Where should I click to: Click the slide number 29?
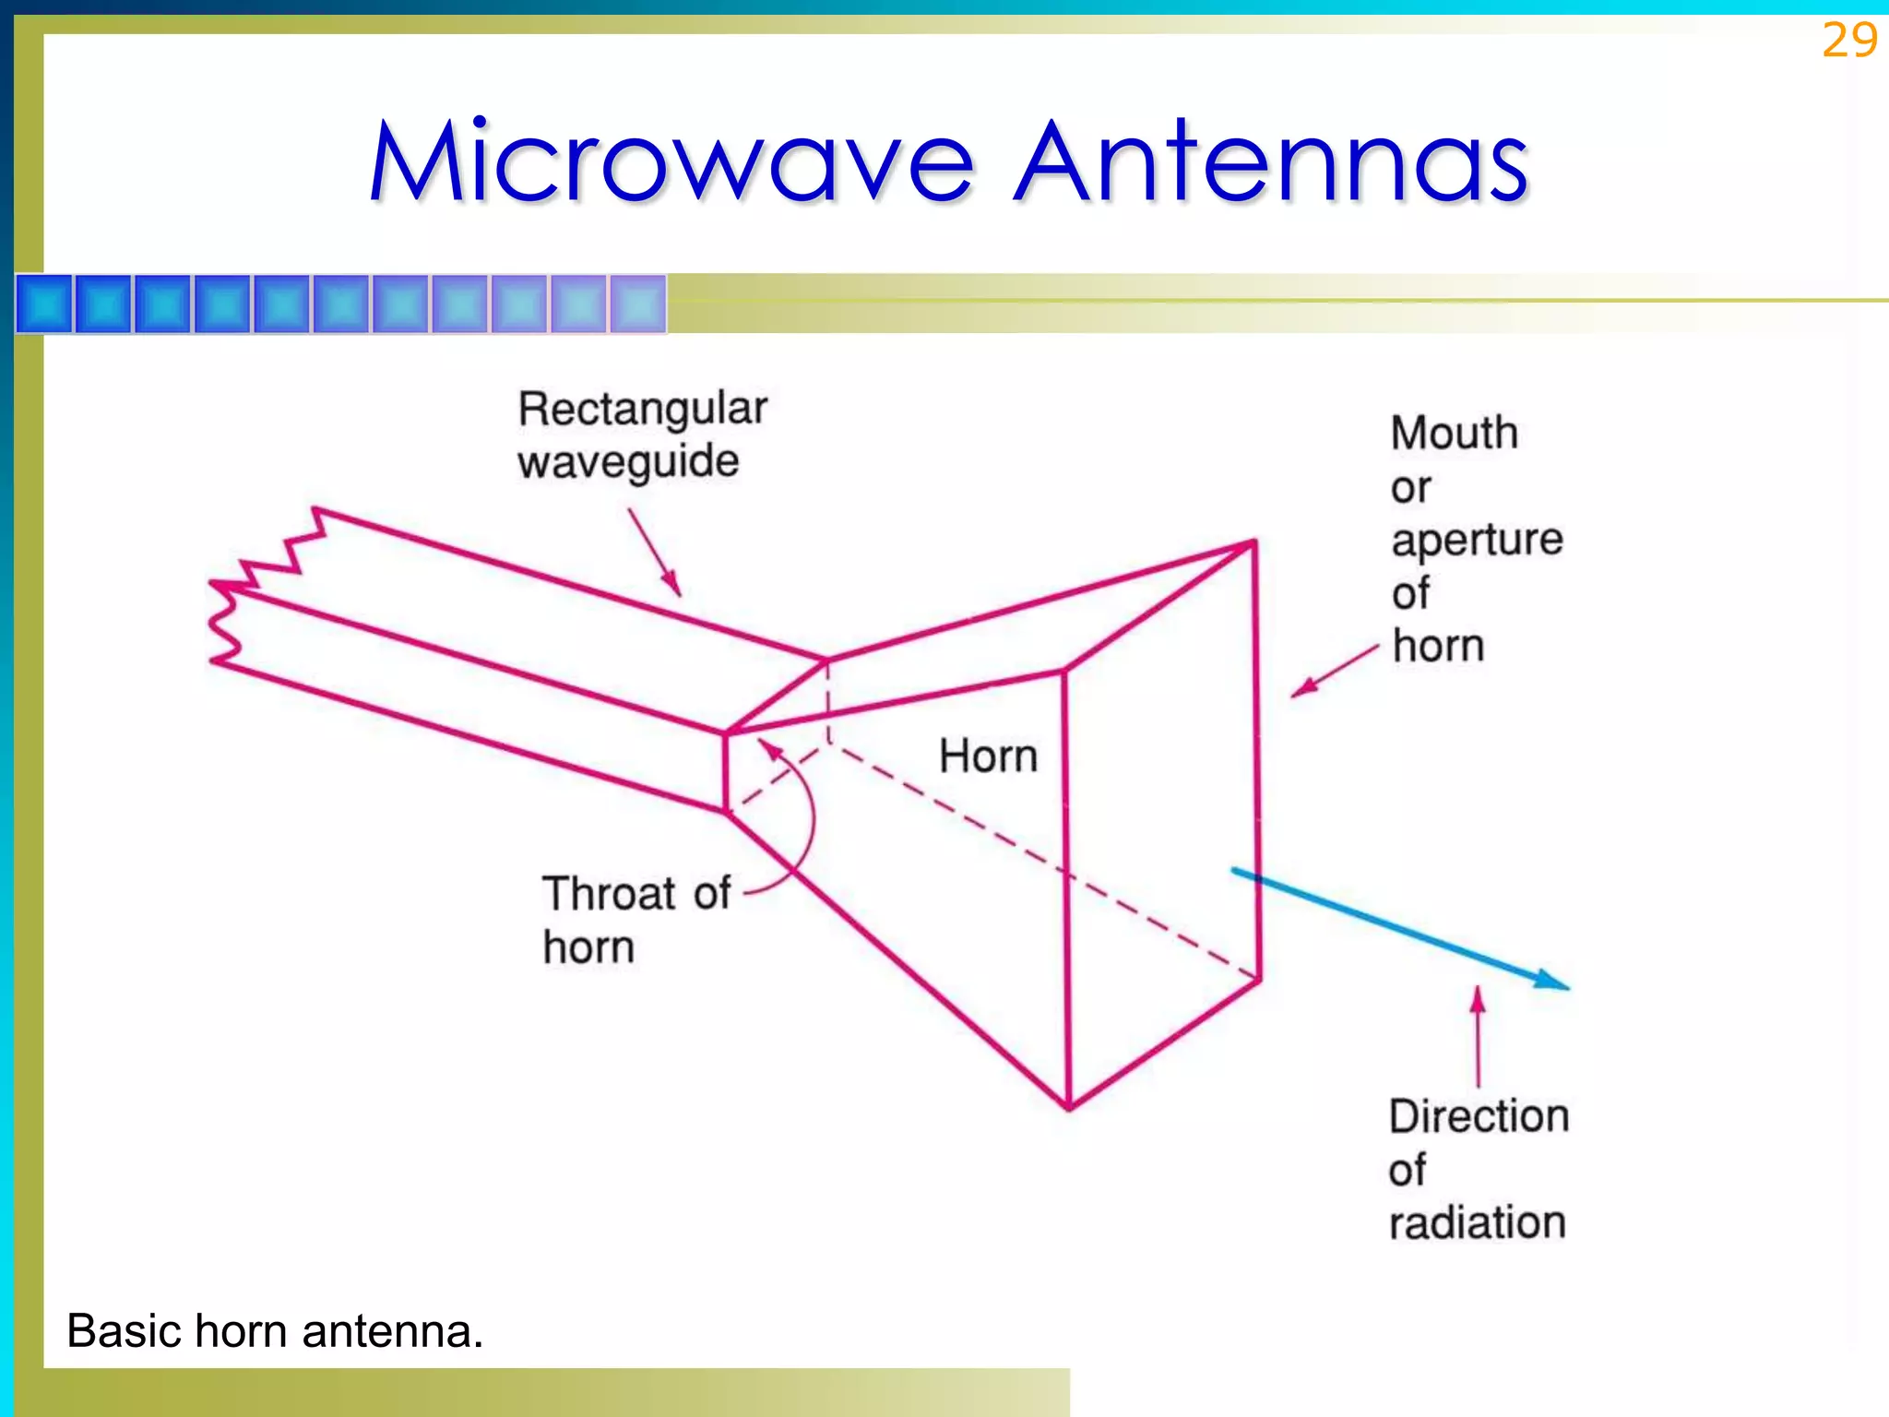(1848, 41)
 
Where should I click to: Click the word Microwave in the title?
(671, 162)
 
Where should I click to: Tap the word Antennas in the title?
(1271, 162)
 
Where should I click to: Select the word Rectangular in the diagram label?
(642, 409)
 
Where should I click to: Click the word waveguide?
(628, 461)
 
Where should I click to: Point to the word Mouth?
(1454, 433)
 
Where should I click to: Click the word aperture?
(1477, 541)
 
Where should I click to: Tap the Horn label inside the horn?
(988, 756)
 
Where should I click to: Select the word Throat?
(610, 893)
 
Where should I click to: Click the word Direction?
(1479, 1116)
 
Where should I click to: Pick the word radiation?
(1477, 1223)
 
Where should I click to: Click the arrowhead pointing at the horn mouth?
(1301, 690)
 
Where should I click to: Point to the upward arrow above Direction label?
(1478, 1001)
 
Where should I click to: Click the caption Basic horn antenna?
(275, 1331)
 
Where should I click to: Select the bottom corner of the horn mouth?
(1069, 1107)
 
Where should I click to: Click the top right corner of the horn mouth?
(1254, 542)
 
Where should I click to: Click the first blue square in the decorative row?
(44, 304)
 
